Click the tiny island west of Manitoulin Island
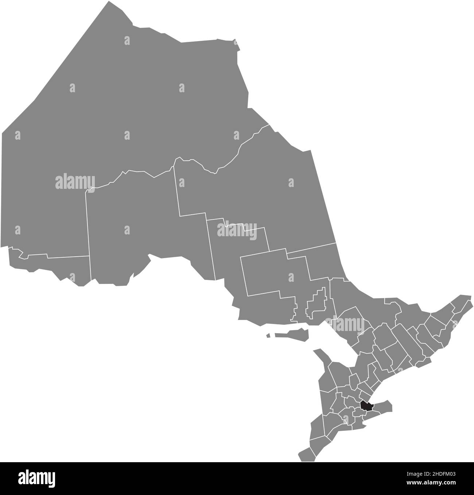tap(268, 335)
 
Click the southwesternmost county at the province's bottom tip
tap(306, 454)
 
